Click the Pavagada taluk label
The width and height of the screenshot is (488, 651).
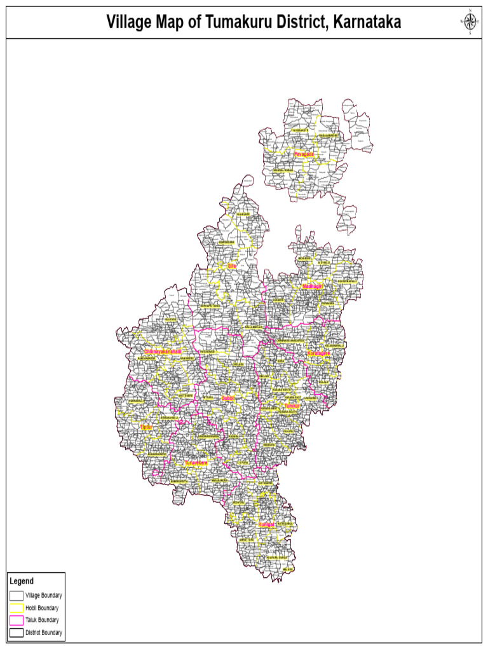pyautogui.click(x=304, y=154)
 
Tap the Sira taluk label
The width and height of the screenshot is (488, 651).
pyautogui.click(x=231, y=266)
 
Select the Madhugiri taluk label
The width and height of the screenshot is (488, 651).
pyautogui.click(x=313, y=287)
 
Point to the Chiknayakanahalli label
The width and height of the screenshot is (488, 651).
pyautogui.click(x=163, y=352)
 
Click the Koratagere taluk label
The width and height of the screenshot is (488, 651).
pyautogui.click(x=318, y=353)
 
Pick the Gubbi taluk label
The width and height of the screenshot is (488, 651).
pyautogui.click(x=227, y=398)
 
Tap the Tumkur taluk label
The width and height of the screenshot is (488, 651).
pyautogui.click(x=292, y=406)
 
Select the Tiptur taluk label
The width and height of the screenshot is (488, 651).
pyautogui.click(x=146, y=427)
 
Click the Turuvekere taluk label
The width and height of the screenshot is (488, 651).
pyautogui.click(x=196, y=463)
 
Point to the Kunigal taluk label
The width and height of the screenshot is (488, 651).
pyautogui.click(x=266, y=524)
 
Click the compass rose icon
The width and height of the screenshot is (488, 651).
pyautogui.click(x=470, y=22)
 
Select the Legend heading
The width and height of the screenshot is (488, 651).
pyautogui.click(x=22, y=581)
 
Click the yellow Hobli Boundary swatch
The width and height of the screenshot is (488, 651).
pyautogui.click(x=17, y=608)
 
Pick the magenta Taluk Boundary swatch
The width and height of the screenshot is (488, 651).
pyautogui.click(x=17, y=620)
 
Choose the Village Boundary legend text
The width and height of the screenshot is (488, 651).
pyautogui.click(x=43, y=596)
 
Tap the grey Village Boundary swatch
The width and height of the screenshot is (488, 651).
pyautogui.click(x=17, y=596)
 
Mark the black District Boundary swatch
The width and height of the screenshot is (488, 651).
pyautogui.click(x=17, y=633)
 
